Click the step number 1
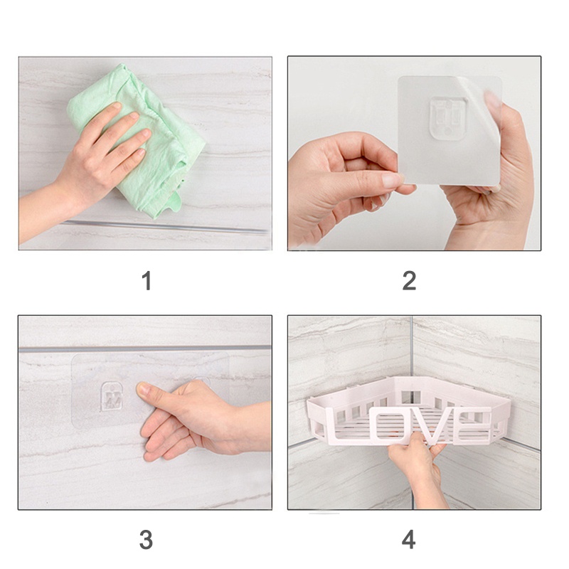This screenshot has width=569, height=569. tap(147, 281)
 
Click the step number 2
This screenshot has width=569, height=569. tap(409, 281)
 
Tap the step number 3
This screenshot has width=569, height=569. tap(146, 540)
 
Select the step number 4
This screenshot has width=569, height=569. tap(409, 540)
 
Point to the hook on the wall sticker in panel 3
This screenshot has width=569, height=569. tap(112, 395)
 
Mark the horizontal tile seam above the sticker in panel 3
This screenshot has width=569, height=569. tap(142, 349)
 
